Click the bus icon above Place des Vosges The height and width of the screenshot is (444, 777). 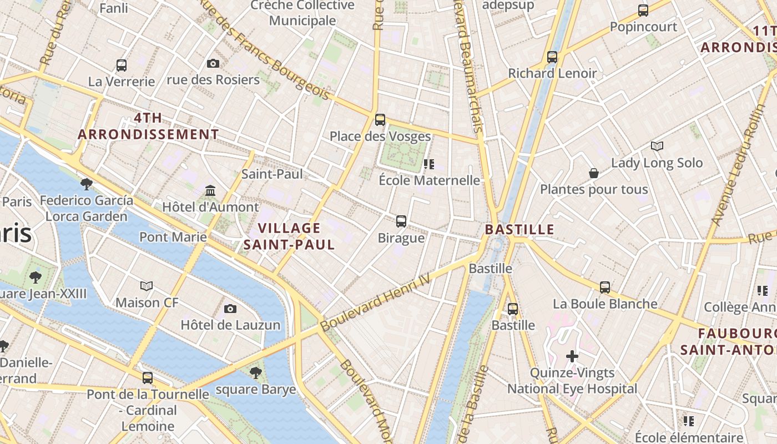click(x=380, y=120)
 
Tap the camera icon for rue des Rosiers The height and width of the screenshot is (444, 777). click(x=213, y=64)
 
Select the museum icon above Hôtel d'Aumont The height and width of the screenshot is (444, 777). click(x=210, y=191)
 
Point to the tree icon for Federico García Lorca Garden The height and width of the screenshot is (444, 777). click(x=86, y=184)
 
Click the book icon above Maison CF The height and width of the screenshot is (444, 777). click(x=147, y=286)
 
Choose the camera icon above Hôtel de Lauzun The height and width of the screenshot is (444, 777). click(x=230, y=309)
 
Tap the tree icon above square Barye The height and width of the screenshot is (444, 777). click(x=256, y=372)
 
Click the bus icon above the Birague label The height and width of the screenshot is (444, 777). click(x=401, y=221)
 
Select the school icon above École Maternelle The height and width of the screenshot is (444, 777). click(x=428, y=164)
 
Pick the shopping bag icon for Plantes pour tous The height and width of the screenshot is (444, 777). click(x=594, y=173)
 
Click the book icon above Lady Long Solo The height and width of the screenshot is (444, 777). click(x=657, y=147)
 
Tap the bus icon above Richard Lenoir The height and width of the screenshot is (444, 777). click(x=552, y=57)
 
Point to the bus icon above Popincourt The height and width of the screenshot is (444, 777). click(x=643, y=10)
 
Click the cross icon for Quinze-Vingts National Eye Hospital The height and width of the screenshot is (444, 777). click(x=572, y=356)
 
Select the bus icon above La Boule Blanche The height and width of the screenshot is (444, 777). click(x=605, y=287)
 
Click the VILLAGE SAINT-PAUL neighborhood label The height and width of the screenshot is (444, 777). click(x=289, y=236)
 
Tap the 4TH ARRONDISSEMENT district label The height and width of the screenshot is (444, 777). click(x=148, y=126)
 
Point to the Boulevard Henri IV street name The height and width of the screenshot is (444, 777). click(x=376, y=302)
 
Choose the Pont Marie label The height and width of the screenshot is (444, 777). click(x=173, y=237)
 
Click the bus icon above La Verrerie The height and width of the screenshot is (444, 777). click(x=122, y=65)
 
